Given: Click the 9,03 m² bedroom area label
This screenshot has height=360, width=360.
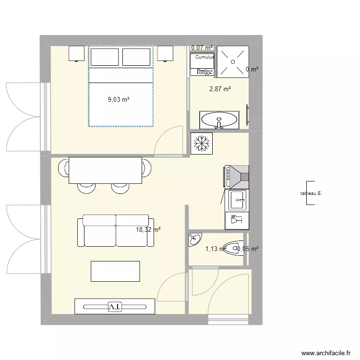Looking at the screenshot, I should point(119,100).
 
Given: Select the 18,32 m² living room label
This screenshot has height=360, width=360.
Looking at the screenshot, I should point(148,230).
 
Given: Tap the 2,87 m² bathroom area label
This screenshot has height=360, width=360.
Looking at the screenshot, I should point(219,89).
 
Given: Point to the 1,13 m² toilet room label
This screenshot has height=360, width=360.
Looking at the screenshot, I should point(215,249).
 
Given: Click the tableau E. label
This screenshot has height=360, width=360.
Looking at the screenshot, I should point(310,193).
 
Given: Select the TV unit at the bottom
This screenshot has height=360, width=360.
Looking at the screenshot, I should point(115,306).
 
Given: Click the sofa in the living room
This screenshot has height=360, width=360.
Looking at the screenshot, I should point(116,231).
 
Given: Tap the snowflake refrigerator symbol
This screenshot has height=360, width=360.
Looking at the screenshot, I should point(202,144).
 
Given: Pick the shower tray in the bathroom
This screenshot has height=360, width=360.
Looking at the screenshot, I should point(233,61).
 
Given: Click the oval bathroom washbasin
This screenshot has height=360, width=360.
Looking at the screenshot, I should point(219,119).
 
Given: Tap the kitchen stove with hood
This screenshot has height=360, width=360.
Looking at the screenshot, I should point(236,176).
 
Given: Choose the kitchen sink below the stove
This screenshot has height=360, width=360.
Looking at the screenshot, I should point(237,200).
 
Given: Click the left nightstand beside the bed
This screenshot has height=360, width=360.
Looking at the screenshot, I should point(77,53).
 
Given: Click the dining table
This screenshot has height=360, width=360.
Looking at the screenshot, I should point(106,170).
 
